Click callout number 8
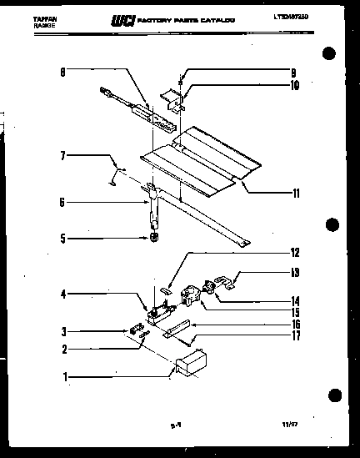62,73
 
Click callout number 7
62,155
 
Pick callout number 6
62,201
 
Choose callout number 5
62,238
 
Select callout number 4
62,293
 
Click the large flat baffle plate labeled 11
200,159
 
